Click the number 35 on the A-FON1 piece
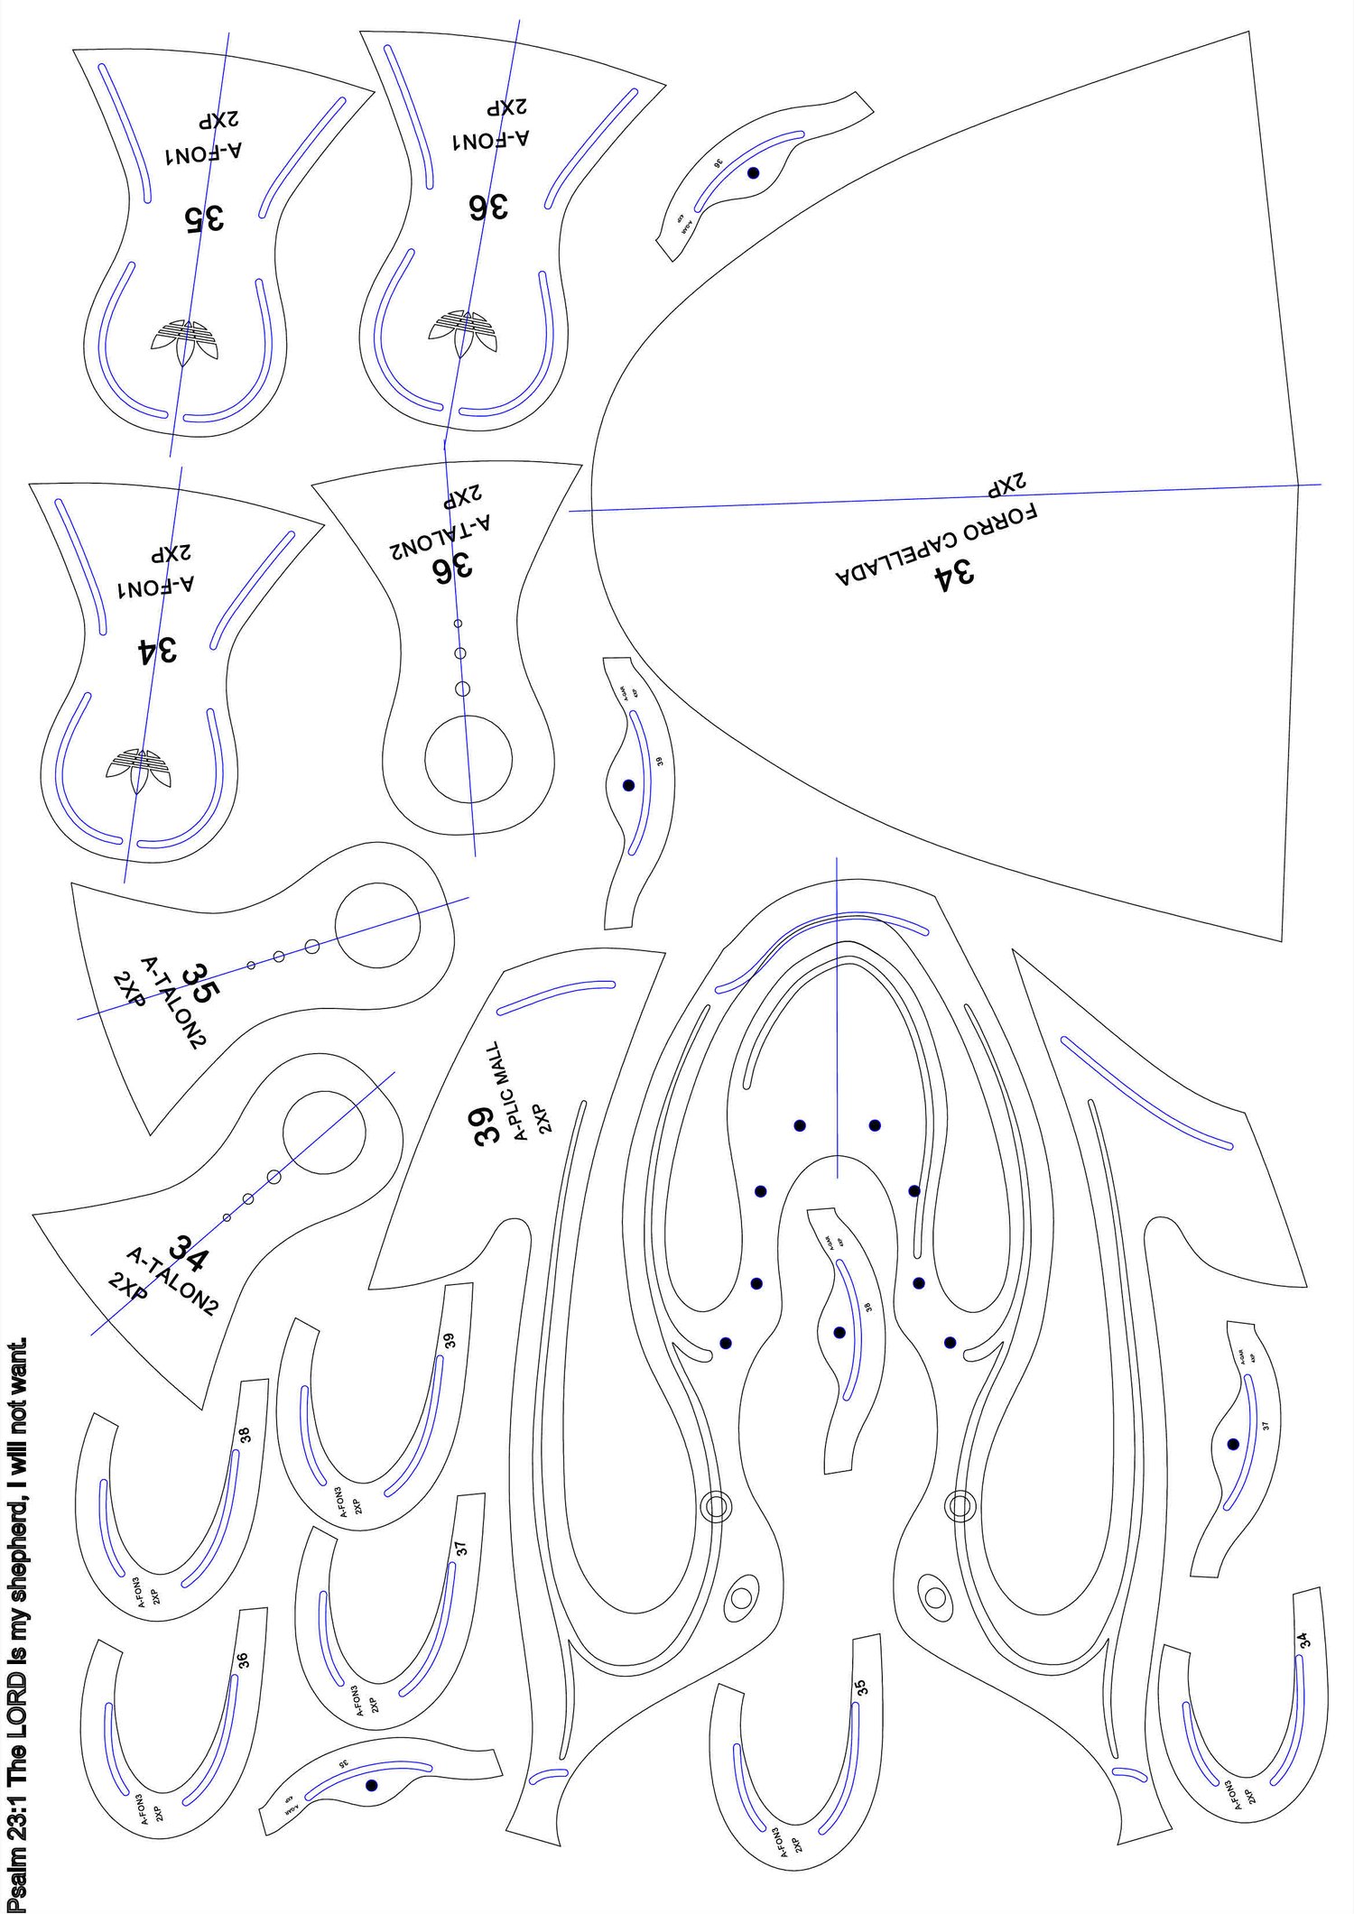pyautogui.click(x=204, y=217)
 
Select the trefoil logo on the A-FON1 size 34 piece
pyautogui.click(x=138, y=770)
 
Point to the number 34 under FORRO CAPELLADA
pyautogui.click(x=953, y=573)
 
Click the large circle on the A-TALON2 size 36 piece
pyautogui.click(x=468, y=758)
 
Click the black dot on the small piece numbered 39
pyautogui.click(x=628, y=785)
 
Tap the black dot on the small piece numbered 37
pyautogui.click(x=1233, y=1444)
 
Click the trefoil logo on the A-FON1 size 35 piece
pyautogui.click(x=187, y=338)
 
